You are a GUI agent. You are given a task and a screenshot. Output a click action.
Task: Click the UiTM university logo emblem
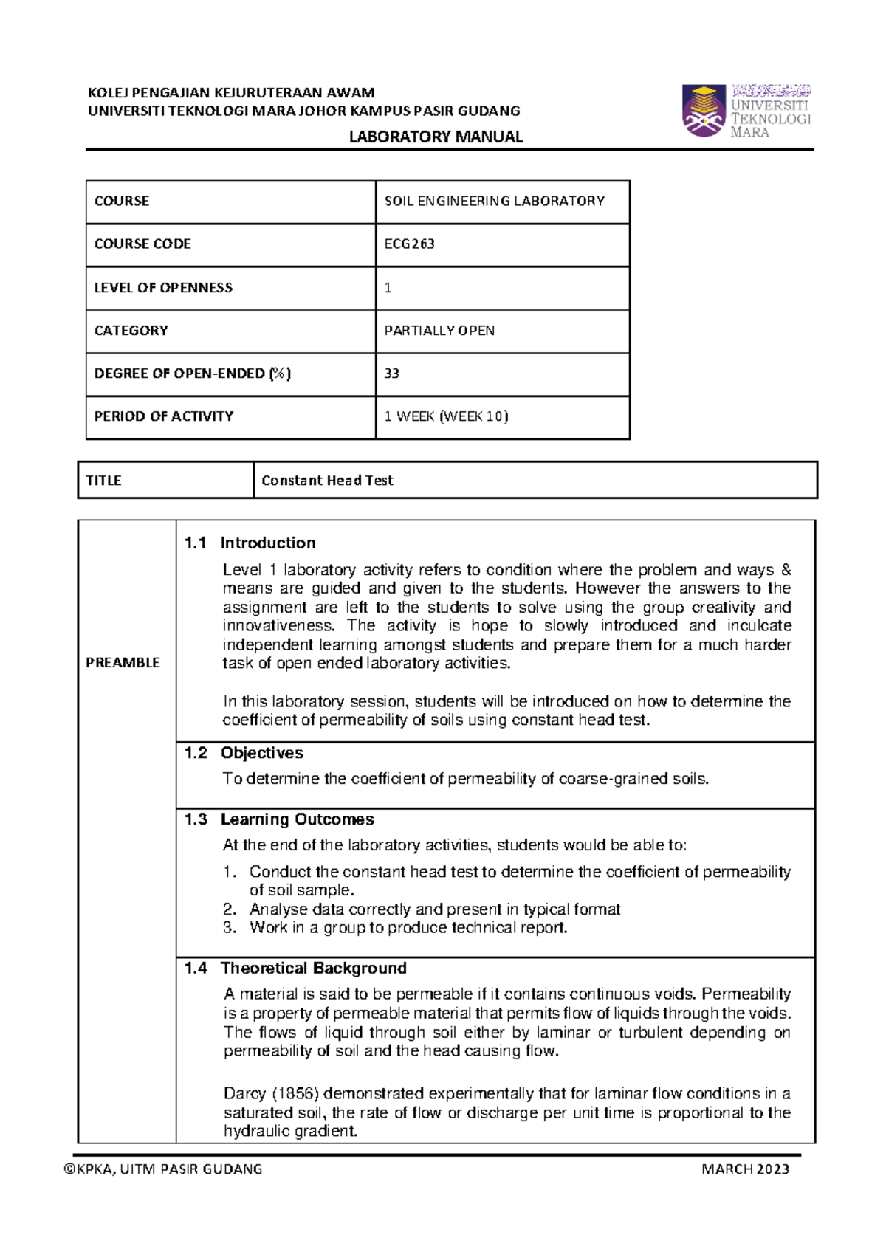click(x=704, y=111)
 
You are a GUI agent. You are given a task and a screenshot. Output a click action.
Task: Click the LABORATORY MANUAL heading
click(x=436, y=137)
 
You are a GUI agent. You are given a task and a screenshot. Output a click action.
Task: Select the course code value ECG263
click(x=410, y=244)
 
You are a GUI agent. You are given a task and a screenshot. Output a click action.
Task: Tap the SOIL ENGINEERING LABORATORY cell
click(x=494, y=201)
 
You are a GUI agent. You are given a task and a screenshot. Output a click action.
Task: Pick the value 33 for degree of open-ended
click(x=392, y=374)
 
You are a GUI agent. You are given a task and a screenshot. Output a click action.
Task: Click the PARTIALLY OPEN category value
click(x=439, y=331)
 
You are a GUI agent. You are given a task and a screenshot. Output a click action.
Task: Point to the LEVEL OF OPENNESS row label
click(x=163, y=288)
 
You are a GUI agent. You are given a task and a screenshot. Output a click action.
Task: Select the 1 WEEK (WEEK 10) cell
click(x=446, y=416)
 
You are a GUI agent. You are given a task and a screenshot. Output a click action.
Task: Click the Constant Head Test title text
click(x=327, y=481)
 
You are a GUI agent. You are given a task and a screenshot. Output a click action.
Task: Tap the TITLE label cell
click(x=103, y=481)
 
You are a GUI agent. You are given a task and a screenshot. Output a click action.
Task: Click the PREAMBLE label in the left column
click(x=123, y=662)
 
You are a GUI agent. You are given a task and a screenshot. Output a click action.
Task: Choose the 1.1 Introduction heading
click(x=250, y=543)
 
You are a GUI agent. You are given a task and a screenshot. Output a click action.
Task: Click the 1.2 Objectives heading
click(x=244, y=753)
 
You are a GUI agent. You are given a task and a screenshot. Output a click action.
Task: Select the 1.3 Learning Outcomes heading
click(x=279, y=819)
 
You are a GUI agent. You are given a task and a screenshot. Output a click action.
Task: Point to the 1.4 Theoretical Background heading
click(x=295, y=968)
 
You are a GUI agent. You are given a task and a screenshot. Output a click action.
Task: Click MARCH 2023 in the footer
click(x=745, y=1169)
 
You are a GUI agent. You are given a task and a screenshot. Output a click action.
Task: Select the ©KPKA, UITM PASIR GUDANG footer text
click(x=163, y=1169)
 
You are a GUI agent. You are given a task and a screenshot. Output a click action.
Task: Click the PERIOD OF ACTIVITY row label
click(x=164, y=416)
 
